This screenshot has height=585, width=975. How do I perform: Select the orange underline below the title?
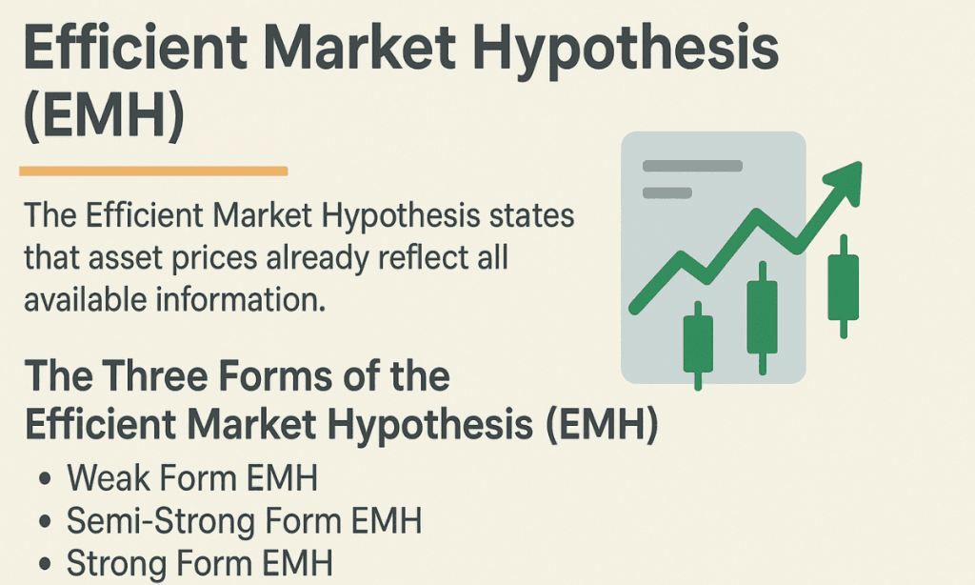[153, 171]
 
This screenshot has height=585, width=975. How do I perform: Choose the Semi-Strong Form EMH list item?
[244, 521]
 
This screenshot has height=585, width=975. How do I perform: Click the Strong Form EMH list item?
[200, 563]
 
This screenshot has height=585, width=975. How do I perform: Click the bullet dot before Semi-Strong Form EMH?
[44, 522]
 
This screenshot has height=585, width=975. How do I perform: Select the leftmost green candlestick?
[698, 345]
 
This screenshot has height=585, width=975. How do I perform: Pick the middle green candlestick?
[762, 316]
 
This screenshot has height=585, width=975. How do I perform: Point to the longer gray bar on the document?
[692, 166]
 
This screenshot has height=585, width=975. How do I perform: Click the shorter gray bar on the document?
[667, 192]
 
